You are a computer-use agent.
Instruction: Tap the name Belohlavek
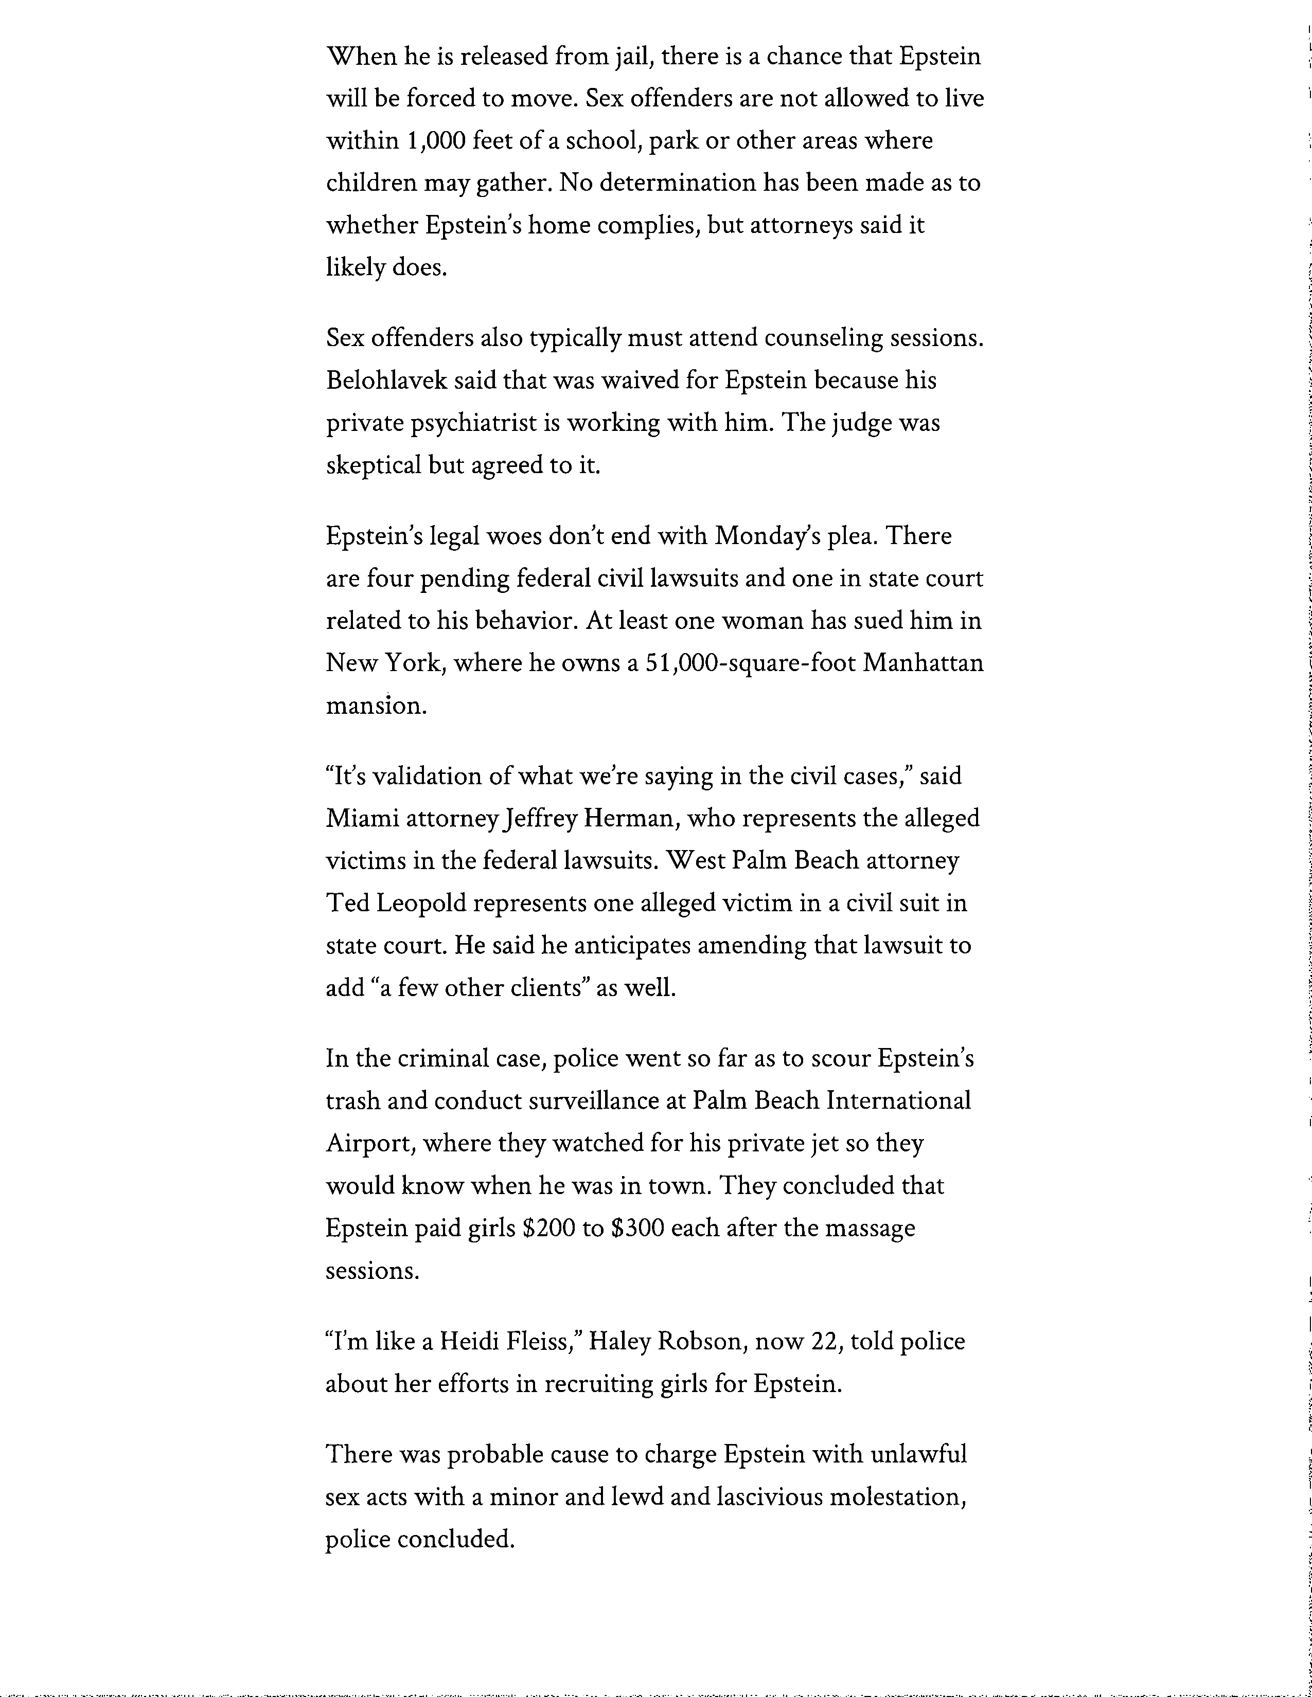pos(386,381)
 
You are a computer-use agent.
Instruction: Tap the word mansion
pos(376,706)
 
